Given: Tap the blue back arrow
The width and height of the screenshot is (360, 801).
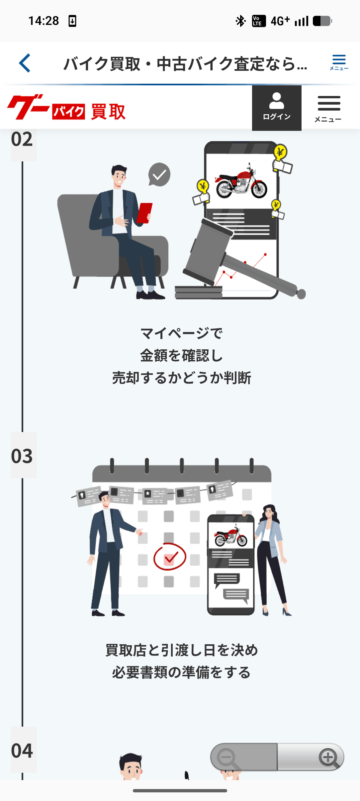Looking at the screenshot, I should click(x=25, y=63).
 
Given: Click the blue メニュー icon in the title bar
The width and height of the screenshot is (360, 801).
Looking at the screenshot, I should click(x=339, y=62).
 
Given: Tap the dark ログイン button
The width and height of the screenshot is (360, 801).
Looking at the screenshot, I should click(x=277, y=108).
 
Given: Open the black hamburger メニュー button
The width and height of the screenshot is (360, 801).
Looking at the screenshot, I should click(x=328, y=108).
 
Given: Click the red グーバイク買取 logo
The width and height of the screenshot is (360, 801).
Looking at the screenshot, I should click(x=66, y=108).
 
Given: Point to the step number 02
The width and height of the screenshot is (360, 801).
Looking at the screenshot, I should click(x=22, y=139).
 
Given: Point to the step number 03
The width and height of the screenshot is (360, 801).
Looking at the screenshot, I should click(x=22, y=456).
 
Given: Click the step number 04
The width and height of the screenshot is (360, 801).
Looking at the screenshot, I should click(x=22, y=751).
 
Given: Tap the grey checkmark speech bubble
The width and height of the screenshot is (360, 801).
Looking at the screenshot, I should click(x=159, y=174).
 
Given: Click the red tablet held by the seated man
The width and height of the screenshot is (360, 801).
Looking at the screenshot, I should click(x=144, y=213).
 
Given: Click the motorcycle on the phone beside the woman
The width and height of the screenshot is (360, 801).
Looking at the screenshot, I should click(x=231, y=536).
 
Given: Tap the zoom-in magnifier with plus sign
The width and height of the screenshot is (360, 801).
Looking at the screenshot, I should click(x=328, y=757).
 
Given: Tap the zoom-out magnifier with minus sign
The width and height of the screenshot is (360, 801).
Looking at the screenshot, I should click(x=227, y=757).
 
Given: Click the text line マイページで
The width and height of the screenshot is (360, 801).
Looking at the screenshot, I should click(x=181, y=333).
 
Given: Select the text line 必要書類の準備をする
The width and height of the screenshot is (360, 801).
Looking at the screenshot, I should click(x=181, y=672).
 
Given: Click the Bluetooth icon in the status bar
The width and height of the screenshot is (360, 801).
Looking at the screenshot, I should click(x=240, y=21).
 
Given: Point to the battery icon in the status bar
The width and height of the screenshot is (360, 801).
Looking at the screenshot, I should click(x=322, y=21).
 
